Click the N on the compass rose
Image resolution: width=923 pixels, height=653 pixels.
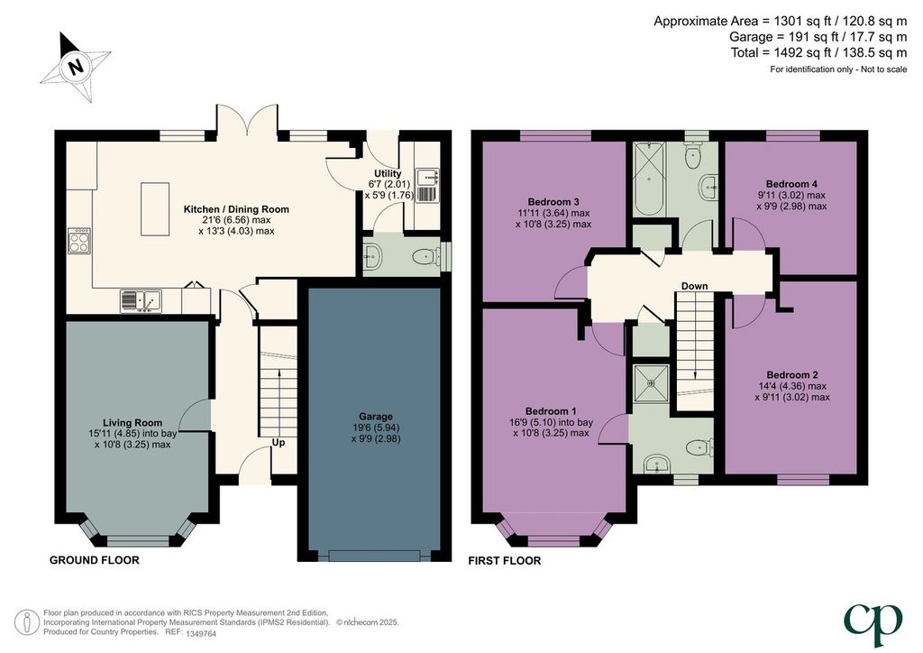tap(76, 67)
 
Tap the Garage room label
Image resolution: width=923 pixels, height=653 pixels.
tap(376, 417)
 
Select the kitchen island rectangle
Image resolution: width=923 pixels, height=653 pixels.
tap(155, 209)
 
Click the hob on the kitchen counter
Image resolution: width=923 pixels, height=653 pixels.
tap(79, 240)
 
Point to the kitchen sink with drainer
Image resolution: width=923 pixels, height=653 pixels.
tap(141, 301)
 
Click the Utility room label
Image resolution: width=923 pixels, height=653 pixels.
tap(388, 174)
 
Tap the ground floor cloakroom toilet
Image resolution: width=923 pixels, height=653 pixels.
tap(426, 257)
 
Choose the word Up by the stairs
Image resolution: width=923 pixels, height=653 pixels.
tap(279, 442)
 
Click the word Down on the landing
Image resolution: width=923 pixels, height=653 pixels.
tap(695, 286)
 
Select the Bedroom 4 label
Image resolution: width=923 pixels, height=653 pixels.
tap(791, 184)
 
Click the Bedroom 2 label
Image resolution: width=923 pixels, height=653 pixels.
tap(792, 375)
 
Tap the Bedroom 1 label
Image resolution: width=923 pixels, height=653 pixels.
tap(551, 411)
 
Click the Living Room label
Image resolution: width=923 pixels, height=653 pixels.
tap(133, 423)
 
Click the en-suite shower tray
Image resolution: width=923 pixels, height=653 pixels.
tap(651, 383)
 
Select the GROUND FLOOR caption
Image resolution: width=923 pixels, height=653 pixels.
tap(94, 560)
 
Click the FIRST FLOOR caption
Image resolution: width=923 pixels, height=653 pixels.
tap(505, 561)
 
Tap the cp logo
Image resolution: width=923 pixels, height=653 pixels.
tap(873, 624)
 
